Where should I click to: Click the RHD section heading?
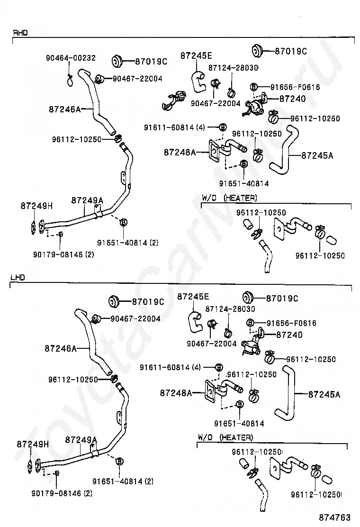[20, 33]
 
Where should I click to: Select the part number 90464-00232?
[71, 58]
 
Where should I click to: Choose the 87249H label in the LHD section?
[33, 444]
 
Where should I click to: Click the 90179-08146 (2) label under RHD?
[63, 254]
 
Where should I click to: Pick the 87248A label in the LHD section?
[176, 393]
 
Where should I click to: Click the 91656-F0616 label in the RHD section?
[295, 87]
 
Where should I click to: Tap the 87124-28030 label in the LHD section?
[230, 309]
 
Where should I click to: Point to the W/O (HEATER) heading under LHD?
[225, 437]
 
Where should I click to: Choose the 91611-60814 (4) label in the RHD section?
[174, 127]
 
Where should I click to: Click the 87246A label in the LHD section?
[61, 348]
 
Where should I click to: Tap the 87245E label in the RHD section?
[196, 55]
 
